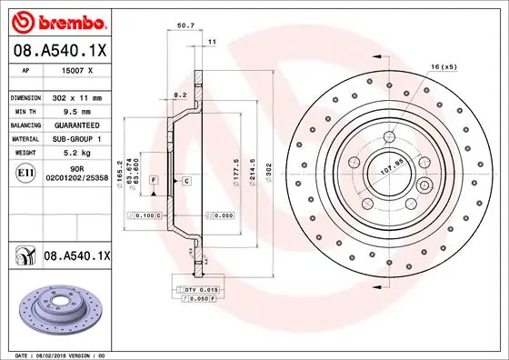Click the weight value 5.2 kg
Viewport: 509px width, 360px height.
[74, 153]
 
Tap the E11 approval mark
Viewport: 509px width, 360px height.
[25, 171]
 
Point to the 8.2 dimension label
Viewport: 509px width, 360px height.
[180, 94]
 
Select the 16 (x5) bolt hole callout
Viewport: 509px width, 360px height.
[443, 67]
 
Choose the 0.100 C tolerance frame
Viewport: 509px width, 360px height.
[145, 215]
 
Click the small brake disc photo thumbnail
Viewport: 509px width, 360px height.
[60, 305]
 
